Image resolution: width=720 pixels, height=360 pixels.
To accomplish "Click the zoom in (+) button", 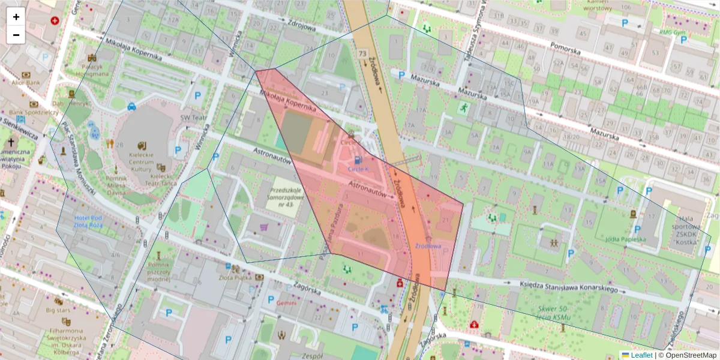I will point(16,17).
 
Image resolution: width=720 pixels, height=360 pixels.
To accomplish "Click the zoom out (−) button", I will point(16,35).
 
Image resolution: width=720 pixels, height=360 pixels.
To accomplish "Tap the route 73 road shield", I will point(362,55).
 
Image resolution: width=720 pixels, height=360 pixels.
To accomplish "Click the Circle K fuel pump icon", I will point(358,160).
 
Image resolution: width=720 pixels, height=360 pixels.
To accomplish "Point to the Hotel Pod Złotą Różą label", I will point(89,221).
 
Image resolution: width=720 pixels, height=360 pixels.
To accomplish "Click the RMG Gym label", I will point(673,32).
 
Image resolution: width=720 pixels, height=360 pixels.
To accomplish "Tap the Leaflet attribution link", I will point(641,355).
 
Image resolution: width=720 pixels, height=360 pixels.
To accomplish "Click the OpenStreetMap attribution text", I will point(688,355).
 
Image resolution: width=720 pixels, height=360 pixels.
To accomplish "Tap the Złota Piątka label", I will point(235,277).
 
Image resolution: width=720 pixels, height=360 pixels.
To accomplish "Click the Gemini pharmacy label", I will point(286,303).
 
